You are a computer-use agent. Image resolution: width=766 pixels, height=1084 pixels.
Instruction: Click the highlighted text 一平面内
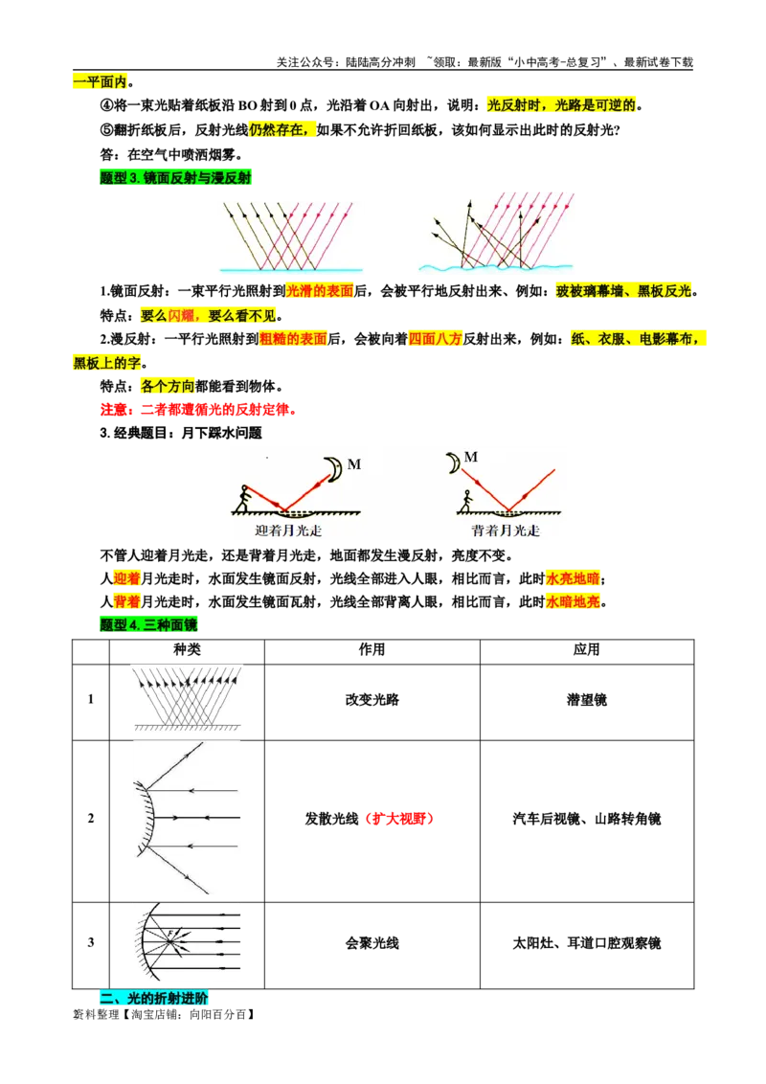pos(100,81)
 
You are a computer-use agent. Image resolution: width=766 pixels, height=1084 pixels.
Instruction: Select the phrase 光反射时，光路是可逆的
pos(562,105)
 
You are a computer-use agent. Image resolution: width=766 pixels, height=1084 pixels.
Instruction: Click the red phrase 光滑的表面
pos(320,290)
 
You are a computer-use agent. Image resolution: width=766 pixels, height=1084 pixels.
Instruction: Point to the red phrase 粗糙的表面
pos(293,339)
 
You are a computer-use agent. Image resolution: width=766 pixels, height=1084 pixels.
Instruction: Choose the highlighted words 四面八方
pos(436,339)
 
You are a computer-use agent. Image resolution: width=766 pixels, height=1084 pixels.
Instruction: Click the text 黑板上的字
pos(107,363)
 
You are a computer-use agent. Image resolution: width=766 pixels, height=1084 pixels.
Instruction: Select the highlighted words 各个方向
pos(168,386)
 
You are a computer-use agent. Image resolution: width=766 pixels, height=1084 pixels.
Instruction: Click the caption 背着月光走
pos(506,531)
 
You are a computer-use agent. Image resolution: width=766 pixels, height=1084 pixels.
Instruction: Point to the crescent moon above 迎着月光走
pos(333,468)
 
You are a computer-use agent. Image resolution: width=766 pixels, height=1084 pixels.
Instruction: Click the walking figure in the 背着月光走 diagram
pos(467,502)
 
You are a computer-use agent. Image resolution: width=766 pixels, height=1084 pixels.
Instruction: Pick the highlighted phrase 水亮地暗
pos(573,578)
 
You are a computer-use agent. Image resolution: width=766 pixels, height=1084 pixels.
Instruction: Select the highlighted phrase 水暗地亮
pos(573,601)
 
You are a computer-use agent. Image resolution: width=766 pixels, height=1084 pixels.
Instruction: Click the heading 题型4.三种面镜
pos(148,625)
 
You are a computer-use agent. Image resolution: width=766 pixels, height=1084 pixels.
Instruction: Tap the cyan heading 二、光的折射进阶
pos(153,998)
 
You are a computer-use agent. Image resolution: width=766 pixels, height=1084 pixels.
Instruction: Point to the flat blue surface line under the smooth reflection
pos(291,270)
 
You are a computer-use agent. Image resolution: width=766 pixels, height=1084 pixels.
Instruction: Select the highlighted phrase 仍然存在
pos(282,129)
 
